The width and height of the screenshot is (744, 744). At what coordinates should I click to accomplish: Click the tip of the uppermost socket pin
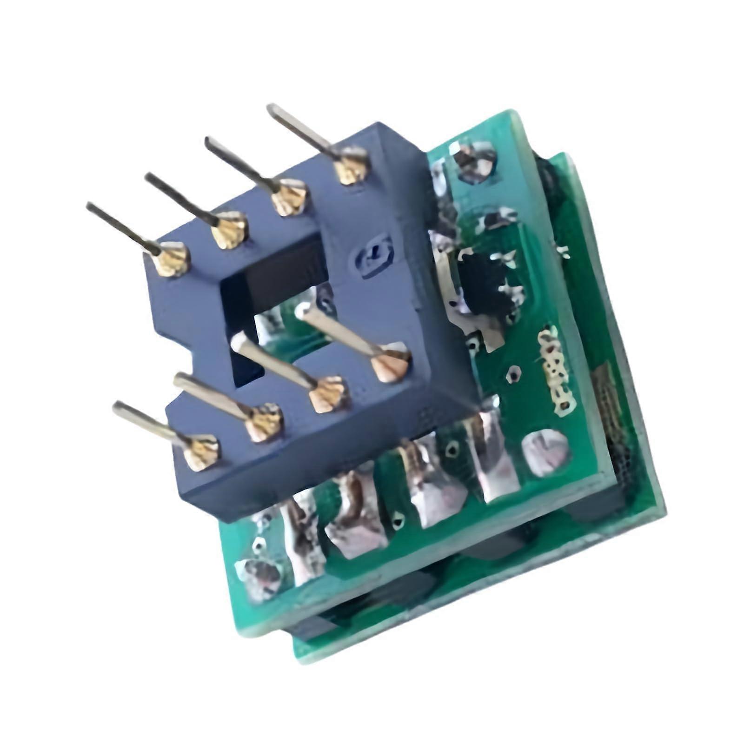coord(271,109)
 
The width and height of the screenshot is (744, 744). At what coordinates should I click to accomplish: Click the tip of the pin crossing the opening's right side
coord(301,309)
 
